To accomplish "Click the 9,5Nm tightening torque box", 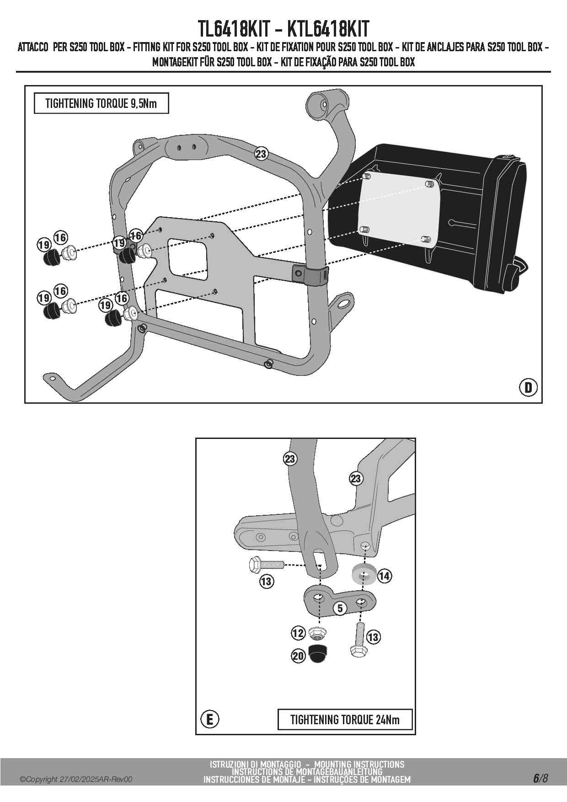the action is pos(101,103).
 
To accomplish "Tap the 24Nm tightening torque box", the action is pos(345,720).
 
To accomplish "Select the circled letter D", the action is pos(528,388).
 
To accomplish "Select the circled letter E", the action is pos(210,720).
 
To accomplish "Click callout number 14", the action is pos(384,576).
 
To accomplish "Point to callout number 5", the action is pos(340,608).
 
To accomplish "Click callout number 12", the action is pos(298,633).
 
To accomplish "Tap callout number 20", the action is pos(298,656).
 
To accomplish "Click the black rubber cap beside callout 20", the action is pos(316,653).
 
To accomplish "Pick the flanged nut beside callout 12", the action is pos(317,633).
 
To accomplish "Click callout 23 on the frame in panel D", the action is pos(261,154).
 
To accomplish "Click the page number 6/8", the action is pos(540,778).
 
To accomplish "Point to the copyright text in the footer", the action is pos(76,780).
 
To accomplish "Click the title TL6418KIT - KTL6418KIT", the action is pos(283,29).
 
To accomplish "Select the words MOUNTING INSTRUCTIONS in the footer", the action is pos(359,765).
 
